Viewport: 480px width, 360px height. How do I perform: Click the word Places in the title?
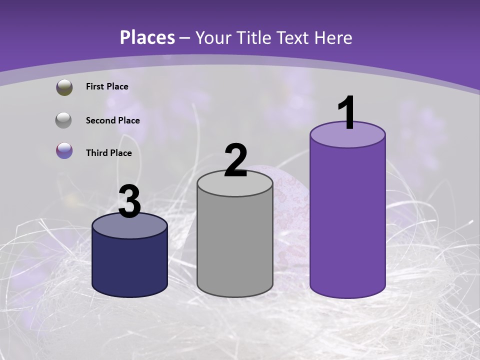[147, 37]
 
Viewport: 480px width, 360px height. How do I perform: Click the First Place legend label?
[107, 86]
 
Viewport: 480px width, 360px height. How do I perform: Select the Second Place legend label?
[112, 120]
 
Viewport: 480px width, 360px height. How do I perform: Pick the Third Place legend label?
[108, 153]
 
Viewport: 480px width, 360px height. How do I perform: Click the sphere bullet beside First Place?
[64, 87]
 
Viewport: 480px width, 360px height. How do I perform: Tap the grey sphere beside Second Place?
[64, 120]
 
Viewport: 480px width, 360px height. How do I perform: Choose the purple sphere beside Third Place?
[64, 150]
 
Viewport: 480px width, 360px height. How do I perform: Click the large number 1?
[346, 113]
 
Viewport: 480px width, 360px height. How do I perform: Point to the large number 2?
[235, 160]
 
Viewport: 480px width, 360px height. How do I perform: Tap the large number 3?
[129, 201]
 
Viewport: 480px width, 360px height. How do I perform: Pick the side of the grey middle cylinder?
[235, 245]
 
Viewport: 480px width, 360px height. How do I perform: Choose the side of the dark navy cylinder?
[130, 265]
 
